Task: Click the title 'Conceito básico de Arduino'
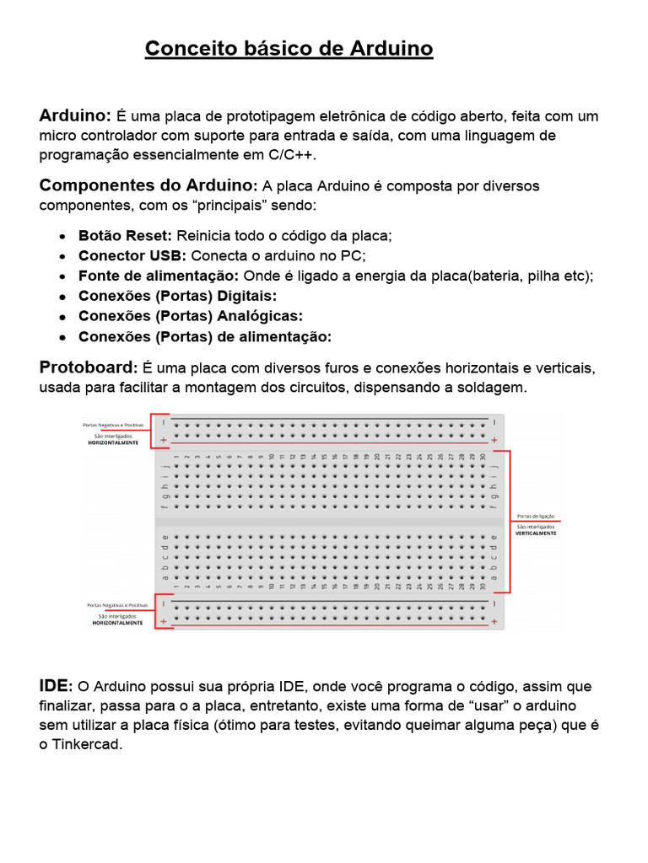tap(289, 50)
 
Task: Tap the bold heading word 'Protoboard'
tap(87, 367)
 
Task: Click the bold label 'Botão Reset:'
tap(125, 236)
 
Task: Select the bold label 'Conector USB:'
tap(132, 256)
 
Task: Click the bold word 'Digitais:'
tap(247, 297)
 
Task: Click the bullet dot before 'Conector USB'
tap(63, 256)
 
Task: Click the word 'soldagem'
tap(497, 388)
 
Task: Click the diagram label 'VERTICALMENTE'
tap(536, 533)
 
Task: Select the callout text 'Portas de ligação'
tap(536, 516)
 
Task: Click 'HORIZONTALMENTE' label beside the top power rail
tap(113, 442)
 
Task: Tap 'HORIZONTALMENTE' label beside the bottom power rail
tap(117, 623)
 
